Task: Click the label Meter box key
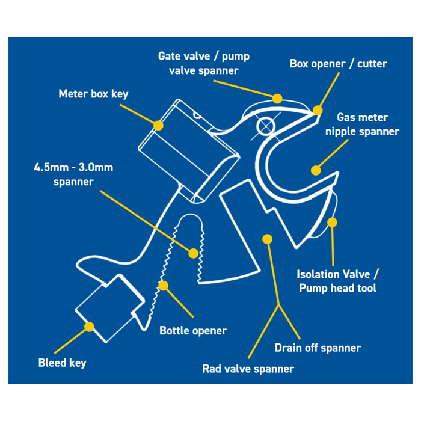[93, 94]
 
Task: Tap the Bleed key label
[63, 363]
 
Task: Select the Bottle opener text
[193, 331]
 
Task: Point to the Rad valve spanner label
[248, 369]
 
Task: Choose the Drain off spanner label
[318, 348]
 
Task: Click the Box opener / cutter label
[338, 64]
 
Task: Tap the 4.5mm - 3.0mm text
[73, 168]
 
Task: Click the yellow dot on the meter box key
[158, 125]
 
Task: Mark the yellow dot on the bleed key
[89, 327]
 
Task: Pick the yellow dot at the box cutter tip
[318, 110]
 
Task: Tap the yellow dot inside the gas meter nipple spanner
[316, 170]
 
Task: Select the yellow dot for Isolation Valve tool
[332, 223]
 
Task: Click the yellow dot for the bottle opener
[163, 286]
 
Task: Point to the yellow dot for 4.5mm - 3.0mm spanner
[193, 253]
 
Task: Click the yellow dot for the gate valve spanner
[277, 99]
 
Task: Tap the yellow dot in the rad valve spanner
[268, 239]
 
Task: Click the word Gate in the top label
[169, 57]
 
